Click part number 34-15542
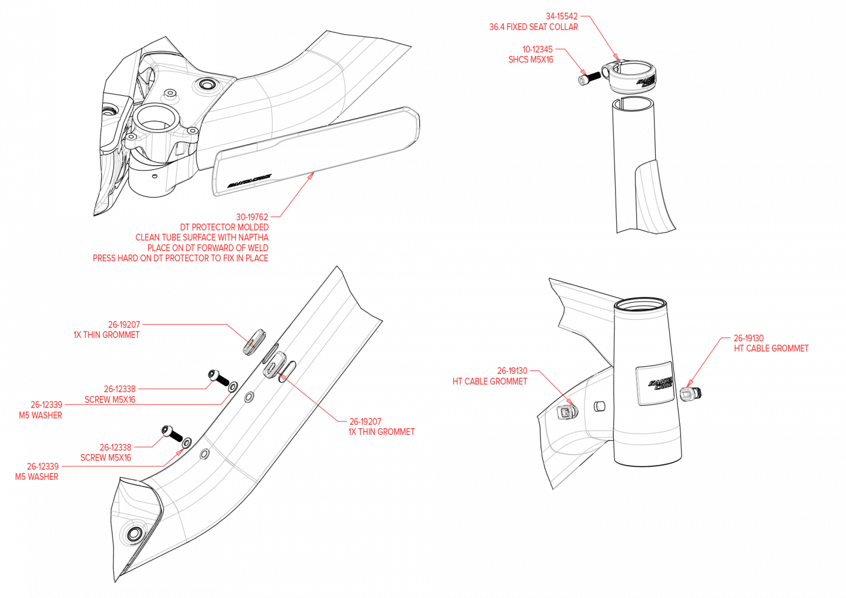pos(562,16)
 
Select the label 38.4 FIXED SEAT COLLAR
pos(533,27)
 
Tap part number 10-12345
pos(538,49)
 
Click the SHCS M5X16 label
pos(531,59)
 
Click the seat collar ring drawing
pos(632,78)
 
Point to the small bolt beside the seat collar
pos(582,80)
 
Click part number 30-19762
pos(252,217)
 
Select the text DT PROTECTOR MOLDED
pos(224,227)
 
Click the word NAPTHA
pos(254,238)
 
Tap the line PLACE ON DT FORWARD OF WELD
pos(208,248)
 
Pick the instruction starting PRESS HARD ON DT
pos(181,258)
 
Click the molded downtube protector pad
pos(317,150)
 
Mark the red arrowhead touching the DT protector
pos(310,176)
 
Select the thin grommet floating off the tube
pos(255,341)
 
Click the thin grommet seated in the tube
pos(275,365)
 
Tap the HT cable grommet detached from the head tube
pos(687,393)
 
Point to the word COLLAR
pos(563,27)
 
